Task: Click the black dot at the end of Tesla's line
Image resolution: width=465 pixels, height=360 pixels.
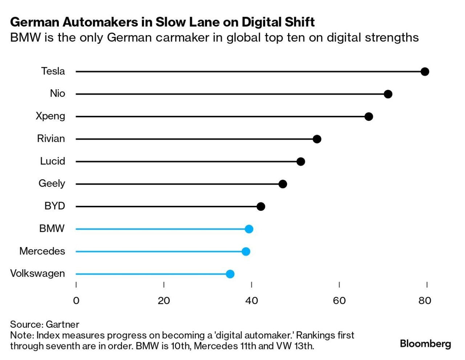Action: [425, 71]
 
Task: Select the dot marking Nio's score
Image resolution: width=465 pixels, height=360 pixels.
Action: [388, 94]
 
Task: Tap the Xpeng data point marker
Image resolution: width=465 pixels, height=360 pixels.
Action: [369, 116]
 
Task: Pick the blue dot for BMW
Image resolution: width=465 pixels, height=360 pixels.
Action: [249, 229]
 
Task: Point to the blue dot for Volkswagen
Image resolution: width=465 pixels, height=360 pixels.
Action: [230, 274]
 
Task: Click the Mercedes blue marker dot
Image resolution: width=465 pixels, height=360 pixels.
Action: [246, 251]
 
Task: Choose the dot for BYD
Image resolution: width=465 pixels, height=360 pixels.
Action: [261, 206]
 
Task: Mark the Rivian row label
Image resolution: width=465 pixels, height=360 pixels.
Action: [51, 139]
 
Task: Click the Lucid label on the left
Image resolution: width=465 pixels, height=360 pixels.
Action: [52, 161]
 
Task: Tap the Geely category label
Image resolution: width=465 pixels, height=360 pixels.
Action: [52, 184]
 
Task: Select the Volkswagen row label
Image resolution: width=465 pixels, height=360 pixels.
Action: [37, 274]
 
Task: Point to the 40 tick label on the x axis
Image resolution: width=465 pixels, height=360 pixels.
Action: [251, 301]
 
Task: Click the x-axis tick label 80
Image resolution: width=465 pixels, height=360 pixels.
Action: [425, 301]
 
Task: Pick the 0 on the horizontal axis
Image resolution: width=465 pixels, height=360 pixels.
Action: [76, 301]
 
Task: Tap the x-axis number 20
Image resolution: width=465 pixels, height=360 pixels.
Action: [164, 301]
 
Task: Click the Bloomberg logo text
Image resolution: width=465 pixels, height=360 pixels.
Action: [425, 344]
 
